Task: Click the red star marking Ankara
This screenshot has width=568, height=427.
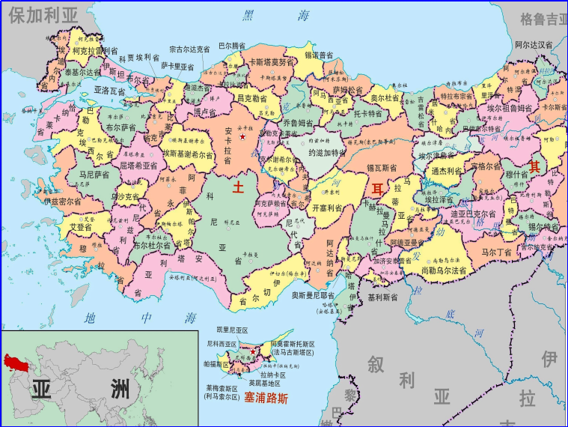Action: click(x=242, y=137)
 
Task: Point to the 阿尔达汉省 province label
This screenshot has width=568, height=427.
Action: click(x=534, y=45)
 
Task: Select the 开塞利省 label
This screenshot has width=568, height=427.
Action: click(x=327, y=207)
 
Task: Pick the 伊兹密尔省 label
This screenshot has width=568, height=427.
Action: click(x=65, y=202)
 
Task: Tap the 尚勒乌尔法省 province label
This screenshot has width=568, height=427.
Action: click(x=444, y=270)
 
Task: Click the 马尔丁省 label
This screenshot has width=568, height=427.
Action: click(x=500, y=253)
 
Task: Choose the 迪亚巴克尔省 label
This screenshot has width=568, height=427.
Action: click(x=473, y=213)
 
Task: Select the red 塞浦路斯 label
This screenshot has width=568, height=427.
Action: click(x=266, y=398)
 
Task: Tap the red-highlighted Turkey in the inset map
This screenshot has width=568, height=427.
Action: click(x=16, y=363)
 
